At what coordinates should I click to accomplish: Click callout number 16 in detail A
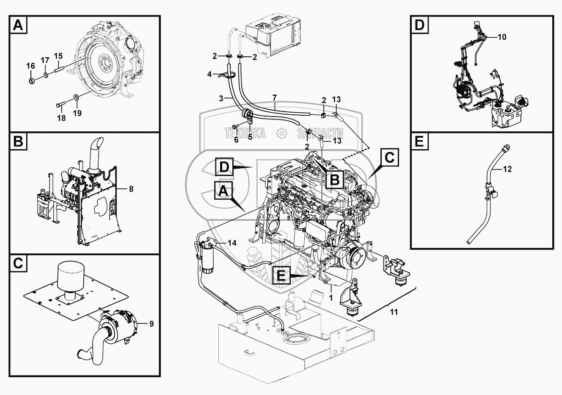[x=30, y=66]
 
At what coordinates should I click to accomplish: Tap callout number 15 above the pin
[x=58, y=56]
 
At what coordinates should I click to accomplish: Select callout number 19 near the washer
[x=77, y=113]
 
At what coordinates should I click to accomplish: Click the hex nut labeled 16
[x=32, y=81]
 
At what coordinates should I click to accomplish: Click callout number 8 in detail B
[x=131, y=189]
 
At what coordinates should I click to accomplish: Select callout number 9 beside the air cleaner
[x=152, y=324]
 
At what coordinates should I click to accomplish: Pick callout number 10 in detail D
[x=502, y=37]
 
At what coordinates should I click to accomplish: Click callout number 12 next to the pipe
[x=507, y=169]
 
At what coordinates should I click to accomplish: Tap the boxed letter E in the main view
[x=281, y=275]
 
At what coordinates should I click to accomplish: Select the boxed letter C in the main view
[x=390, y=157]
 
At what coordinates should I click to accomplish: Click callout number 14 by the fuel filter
[x=232, y=243]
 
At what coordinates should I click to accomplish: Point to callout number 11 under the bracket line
[x=394, y=312]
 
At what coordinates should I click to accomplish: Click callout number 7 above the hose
[x=275, y=97]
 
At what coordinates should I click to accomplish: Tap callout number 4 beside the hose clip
[x=209, y=74]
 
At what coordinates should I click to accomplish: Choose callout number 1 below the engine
[x=331, y=298]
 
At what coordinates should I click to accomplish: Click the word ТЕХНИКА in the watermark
[x=245, y=133]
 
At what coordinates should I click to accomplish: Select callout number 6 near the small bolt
[x=236, y=140]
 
